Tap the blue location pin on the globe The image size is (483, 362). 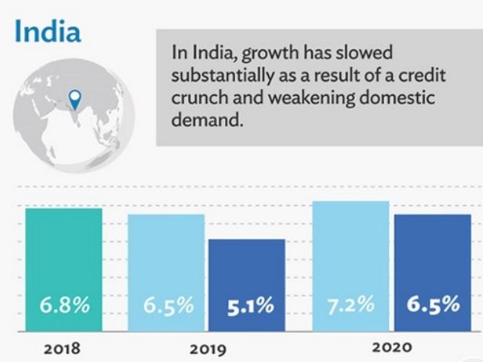click(x=76, y=101)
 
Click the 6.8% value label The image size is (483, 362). click(x=64, y=306)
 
